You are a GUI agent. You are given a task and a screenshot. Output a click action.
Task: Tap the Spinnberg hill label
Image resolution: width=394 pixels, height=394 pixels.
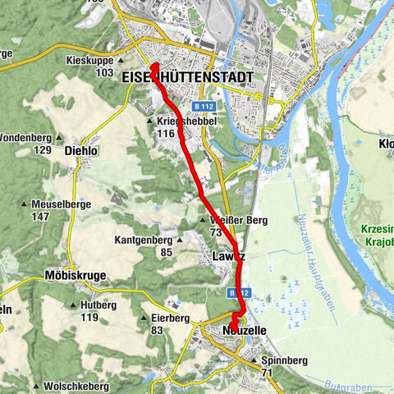point(279,360)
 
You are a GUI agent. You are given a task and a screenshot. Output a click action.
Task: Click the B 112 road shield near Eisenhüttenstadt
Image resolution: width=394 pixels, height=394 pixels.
point(204,107)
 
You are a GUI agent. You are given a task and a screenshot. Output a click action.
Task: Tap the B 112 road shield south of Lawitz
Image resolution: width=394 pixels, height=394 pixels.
point(238,292)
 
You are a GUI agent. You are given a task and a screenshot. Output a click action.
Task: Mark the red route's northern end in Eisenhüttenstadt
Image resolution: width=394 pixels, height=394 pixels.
point(153,64)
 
